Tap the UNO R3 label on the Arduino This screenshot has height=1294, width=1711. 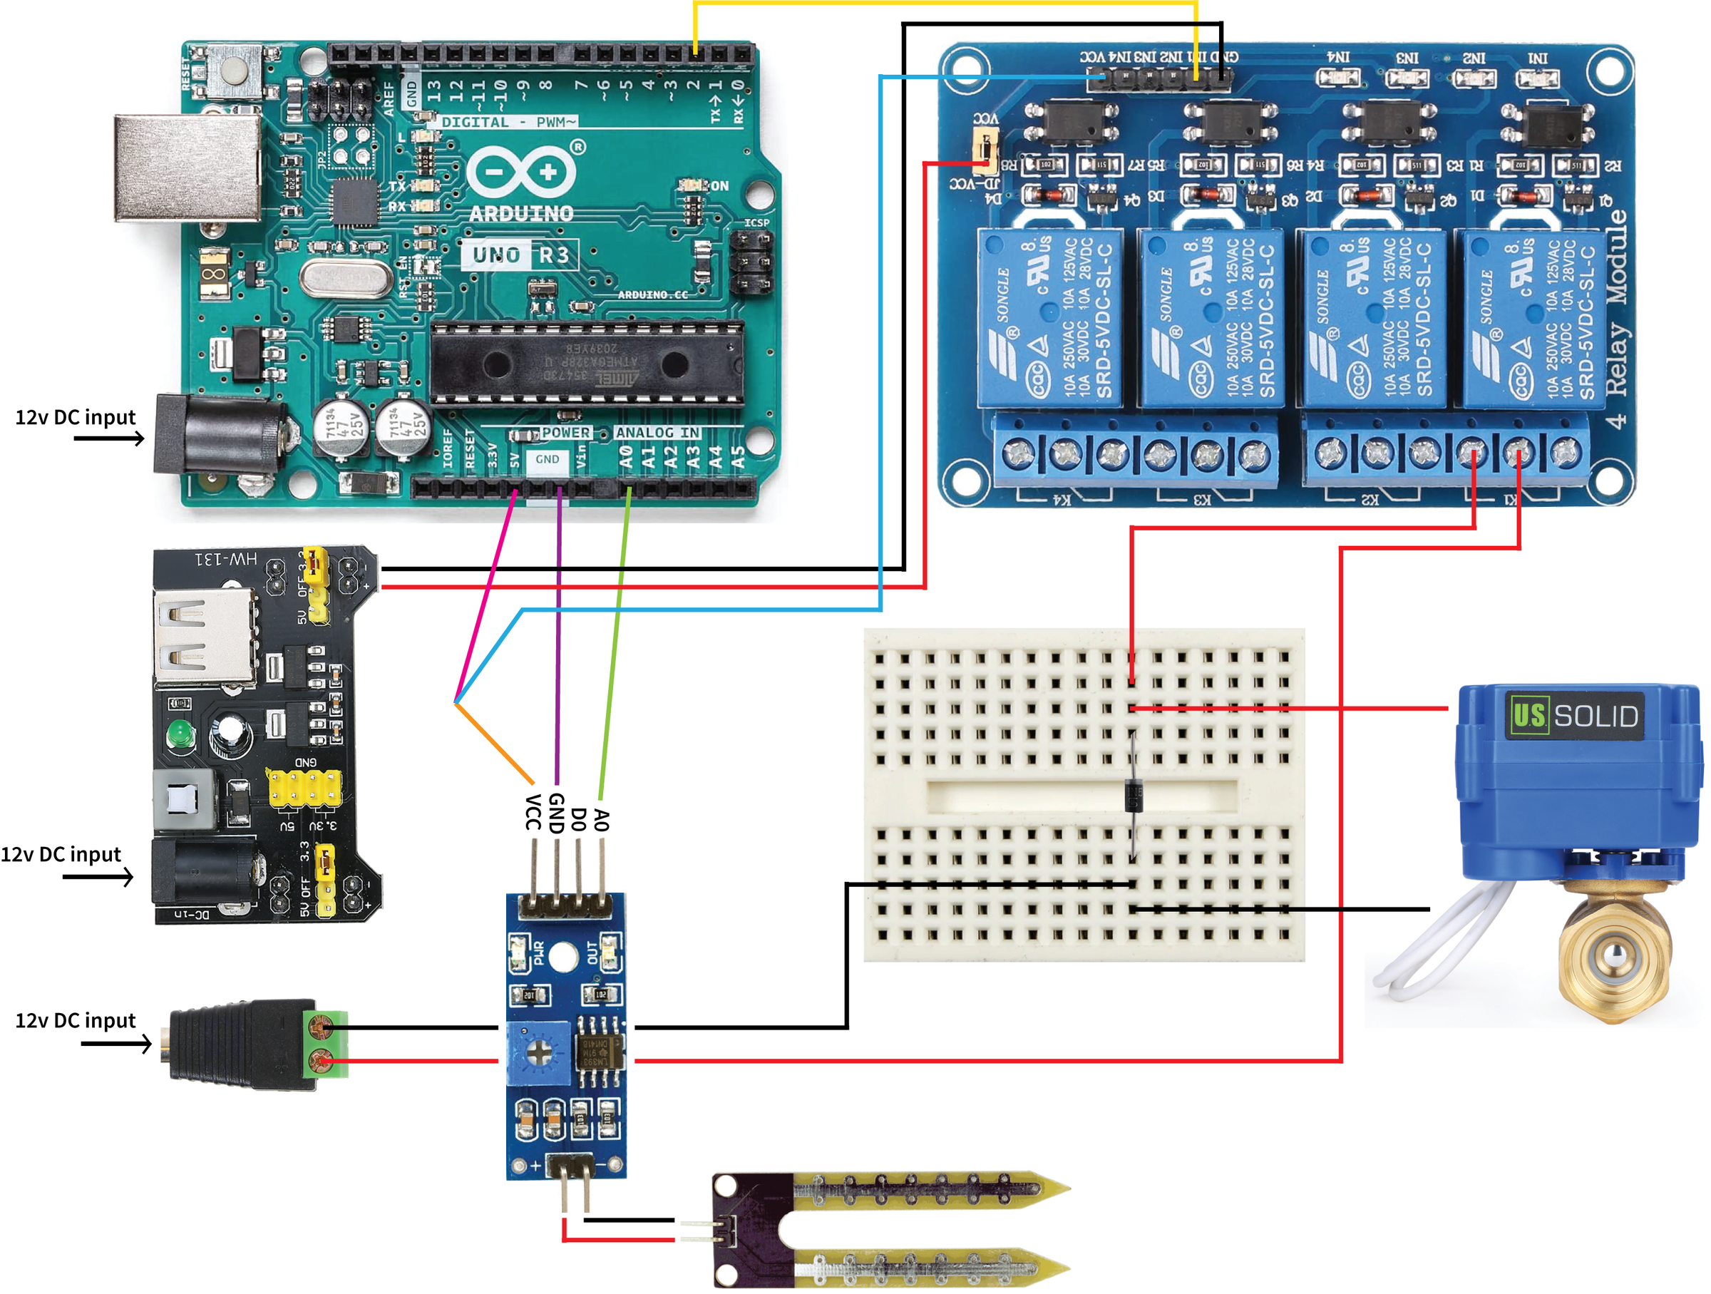pyautogui.click(x=520, y=255)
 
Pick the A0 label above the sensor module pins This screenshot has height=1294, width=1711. pyautogui.click(x=601, y=819)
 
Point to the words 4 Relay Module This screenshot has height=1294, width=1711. pyautogui.click(x=1617, y=317)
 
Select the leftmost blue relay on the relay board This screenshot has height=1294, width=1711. pyautogui.click(x=1049, y=317)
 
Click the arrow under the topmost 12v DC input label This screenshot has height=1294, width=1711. pyautogui.click(x=109, y=438)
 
